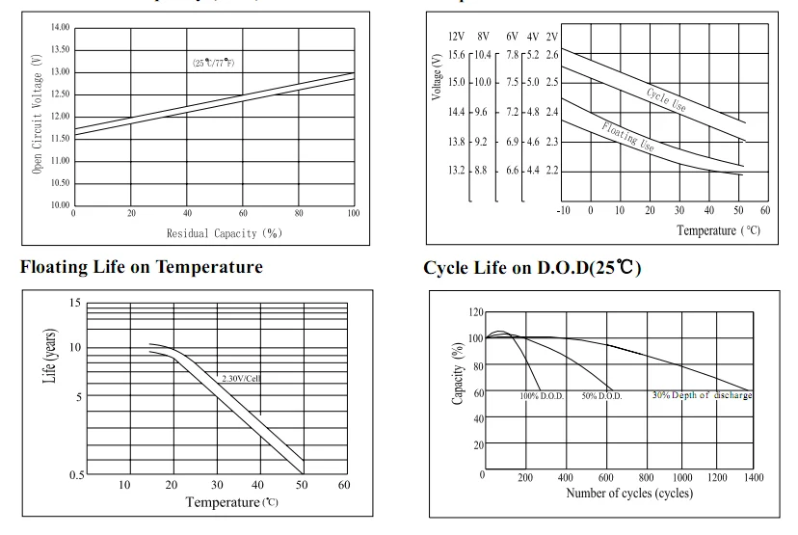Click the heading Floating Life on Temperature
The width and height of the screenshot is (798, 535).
(x=141, y=266)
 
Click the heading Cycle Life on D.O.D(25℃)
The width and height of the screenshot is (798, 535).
(x=532, y=267)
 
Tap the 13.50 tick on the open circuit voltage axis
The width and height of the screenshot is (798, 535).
(x=60, y=49)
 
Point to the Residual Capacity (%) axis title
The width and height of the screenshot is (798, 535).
(x=224, y=233)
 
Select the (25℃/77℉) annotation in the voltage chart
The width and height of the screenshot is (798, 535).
(x=214, y=63)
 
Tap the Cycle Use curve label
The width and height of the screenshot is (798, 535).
(x=666, y=98)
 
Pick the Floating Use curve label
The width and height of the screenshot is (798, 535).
(x=628, y=137)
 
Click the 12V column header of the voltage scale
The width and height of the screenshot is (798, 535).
(x=457, y=36)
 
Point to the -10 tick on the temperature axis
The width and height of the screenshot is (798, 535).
(x=564, y=210)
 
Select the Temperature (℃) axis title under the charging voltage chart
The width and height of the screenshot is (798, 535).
(x=718, y=230)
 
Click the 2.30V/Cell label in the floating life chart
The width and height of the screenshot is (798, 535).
(x=241, y=379)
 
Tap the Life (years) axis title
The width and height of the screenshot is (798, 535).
(x=49, y=358)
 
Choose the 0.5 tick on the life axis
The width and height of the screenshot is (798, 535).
(x=74, y=474)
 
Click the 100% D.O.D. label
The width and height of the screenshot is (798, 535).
(x=542, y=396)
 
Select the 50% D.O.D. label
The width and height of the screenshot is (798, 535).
(x=601, y=396)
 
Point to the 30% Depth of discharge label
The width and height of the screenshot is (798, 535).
(x=702, y=395)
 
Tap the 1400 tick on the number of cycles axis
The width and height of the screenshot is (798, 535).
(x=753, y=477)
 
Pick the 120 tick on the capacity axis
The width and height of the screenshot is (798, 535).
(x=476, y=312)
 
